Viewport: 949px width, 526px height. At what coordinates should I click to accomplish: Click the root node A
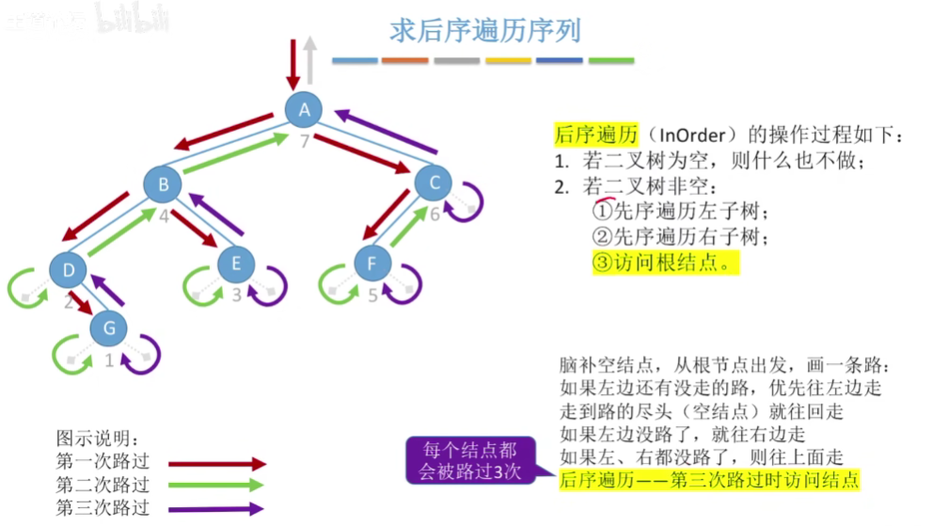(304, 110)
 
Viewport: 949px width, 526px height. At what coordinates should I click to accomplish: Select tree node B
(164, 184)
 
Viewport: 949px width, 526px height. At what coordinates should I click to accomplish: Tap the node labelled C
(434, 183)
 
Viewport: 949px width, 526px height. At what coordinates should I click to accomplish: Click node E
(235, 264)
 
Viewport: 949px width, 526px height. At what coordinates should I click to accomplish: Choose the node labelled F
(372, 263)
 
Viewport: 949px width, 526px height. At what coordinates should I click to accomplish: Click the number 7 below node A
(304, 142)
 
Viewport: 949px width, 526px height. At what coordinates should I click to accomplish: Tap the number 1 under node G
(109, 359)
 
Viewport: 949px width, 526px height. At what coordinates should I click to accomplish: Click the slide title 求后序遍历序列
(485, 30)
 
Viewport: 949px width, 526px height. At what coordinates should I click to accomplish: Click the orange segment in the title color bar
(405, 61)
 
